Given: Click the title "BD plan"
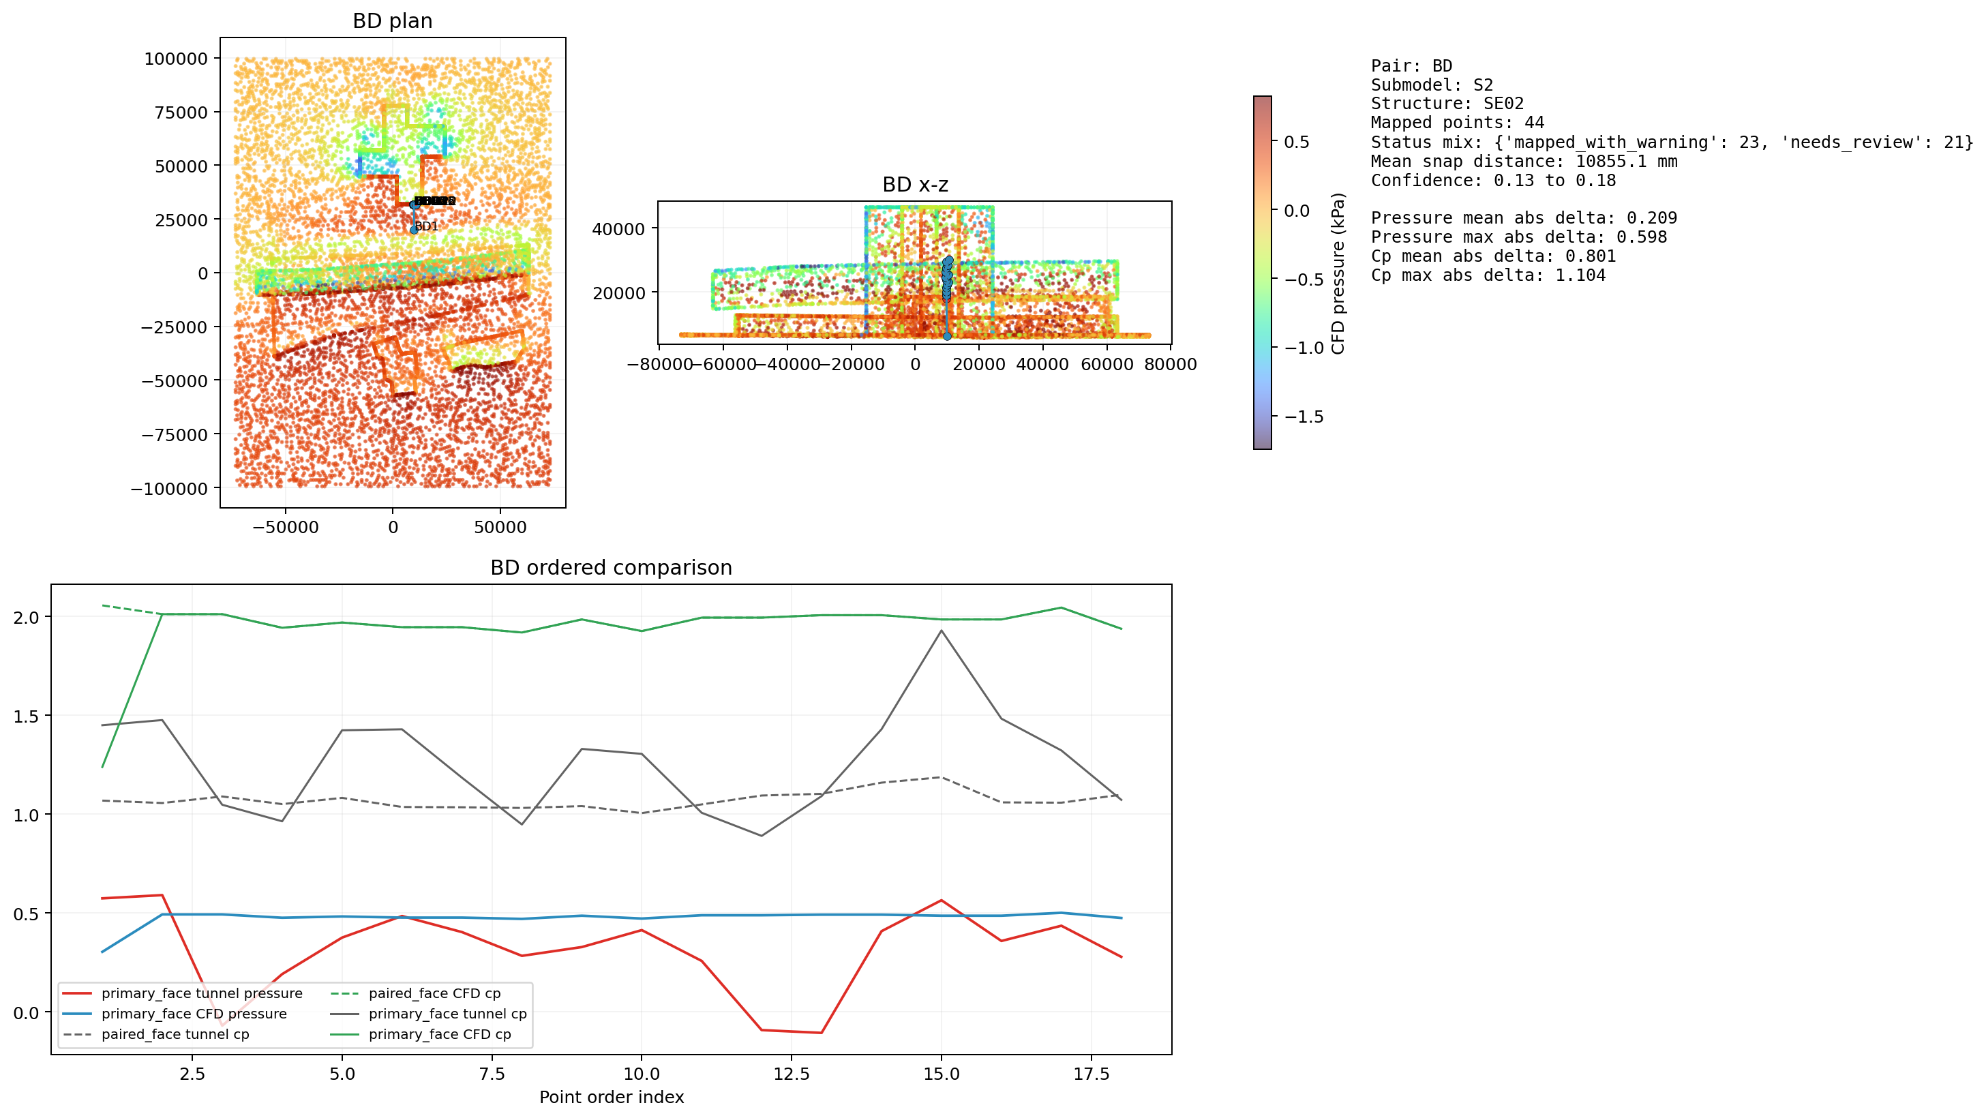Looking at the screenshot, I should pos(393,21).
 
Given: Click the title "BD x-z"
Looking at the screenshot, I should pos(914,185).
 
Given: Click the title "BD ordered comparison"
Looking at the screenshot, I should pos(611,567).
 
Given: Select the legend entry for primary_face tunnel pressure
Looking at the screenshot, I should pos(201,993).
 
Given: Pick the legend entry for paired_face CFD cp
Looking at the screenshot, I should pos(434,993).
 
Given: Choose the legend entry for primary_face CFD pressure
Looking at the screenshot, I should pos(194,1014).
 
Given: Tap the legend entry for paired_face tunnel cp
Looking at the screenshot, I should pos(175,1034).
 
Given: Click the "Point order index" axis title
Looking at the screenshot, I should pos(611,1097).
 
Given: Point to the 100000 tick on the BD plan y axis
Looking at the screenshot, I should pos(176,59).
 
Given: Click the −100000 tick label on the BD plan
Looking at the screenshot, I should pos(169,489).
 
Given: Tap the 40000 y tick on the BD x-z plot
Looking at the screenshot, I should pos(618,228).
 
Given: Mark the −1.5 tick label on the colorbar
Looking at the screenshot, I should pos(1304,417).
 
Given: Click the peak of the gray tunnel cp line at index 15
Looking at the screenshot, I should pos(941,631).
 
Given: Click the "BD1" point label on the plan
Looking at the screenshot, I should pos(426,226).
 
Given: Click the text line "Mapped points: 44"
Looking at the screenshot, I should pos(1457,123).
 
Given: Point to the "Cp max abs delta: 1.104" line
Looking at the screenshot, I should pos(1488,275).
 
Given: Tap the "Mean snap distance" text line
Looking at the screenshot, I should pos(1524,161).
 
